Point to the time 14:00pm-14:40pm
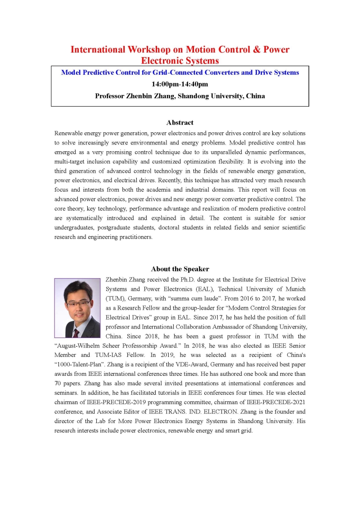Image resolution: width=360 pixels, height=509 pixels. point(180,84)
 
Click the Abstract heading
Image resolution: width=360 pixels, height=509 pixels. point(180,122)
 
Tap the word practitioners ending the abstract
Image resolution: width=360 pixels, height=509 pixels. point(133,237)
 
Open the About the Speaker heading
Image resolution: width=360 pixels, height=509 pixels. point(180,269)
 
